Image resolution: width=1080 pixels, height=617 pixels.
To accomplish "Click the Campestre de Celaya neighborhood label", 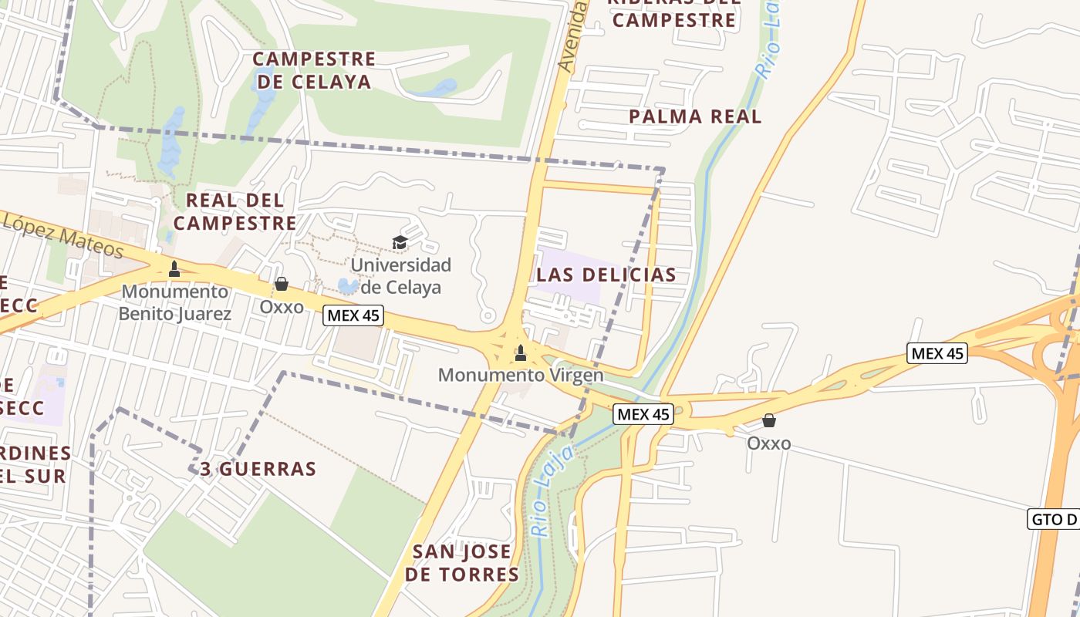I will (314, 70).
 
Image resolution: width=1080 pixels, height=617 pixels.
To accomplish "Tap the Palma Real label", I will (695, 116).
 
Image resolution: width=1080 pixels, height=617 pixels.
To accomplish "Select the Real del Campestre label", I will (235, 211).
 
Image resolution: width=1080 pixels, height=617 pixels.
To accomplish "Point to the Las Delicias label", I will (606, 275).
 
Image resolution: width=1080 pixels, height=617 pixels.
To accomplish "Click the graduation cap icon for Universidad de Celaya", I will (400, 243).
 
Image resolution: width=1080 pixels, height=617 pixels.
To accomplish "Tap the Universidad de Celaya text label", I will (400, 276).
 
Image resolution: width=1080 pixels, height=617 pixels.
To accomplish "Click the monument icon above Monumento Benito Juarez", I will (174, 268).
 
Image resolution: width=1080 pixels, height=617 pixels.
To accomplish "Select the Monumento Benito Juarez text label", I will (175, 302).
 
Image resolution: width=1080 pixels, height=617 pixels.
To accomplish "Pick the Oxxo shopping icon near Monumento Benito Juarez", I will (282, 285).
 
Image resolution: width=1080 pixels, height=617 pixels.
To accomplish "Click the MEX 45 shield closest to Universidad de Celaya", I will (353, 315).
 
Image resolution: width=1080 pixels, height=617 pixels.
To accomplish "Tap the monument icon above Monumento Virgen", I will (521, 353).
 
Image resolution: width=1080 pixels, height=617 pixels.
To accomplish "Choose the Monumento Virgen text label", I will (521, 376).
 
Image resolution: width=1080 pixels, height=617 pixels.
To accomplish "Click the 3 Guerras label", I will (258, 469).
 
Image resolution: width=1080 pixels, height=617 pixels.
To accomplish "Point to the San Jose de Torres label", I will (462, 563).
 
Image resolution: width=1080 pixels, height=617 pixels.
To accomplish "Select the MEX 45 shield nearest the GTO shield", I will (937, 353).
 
